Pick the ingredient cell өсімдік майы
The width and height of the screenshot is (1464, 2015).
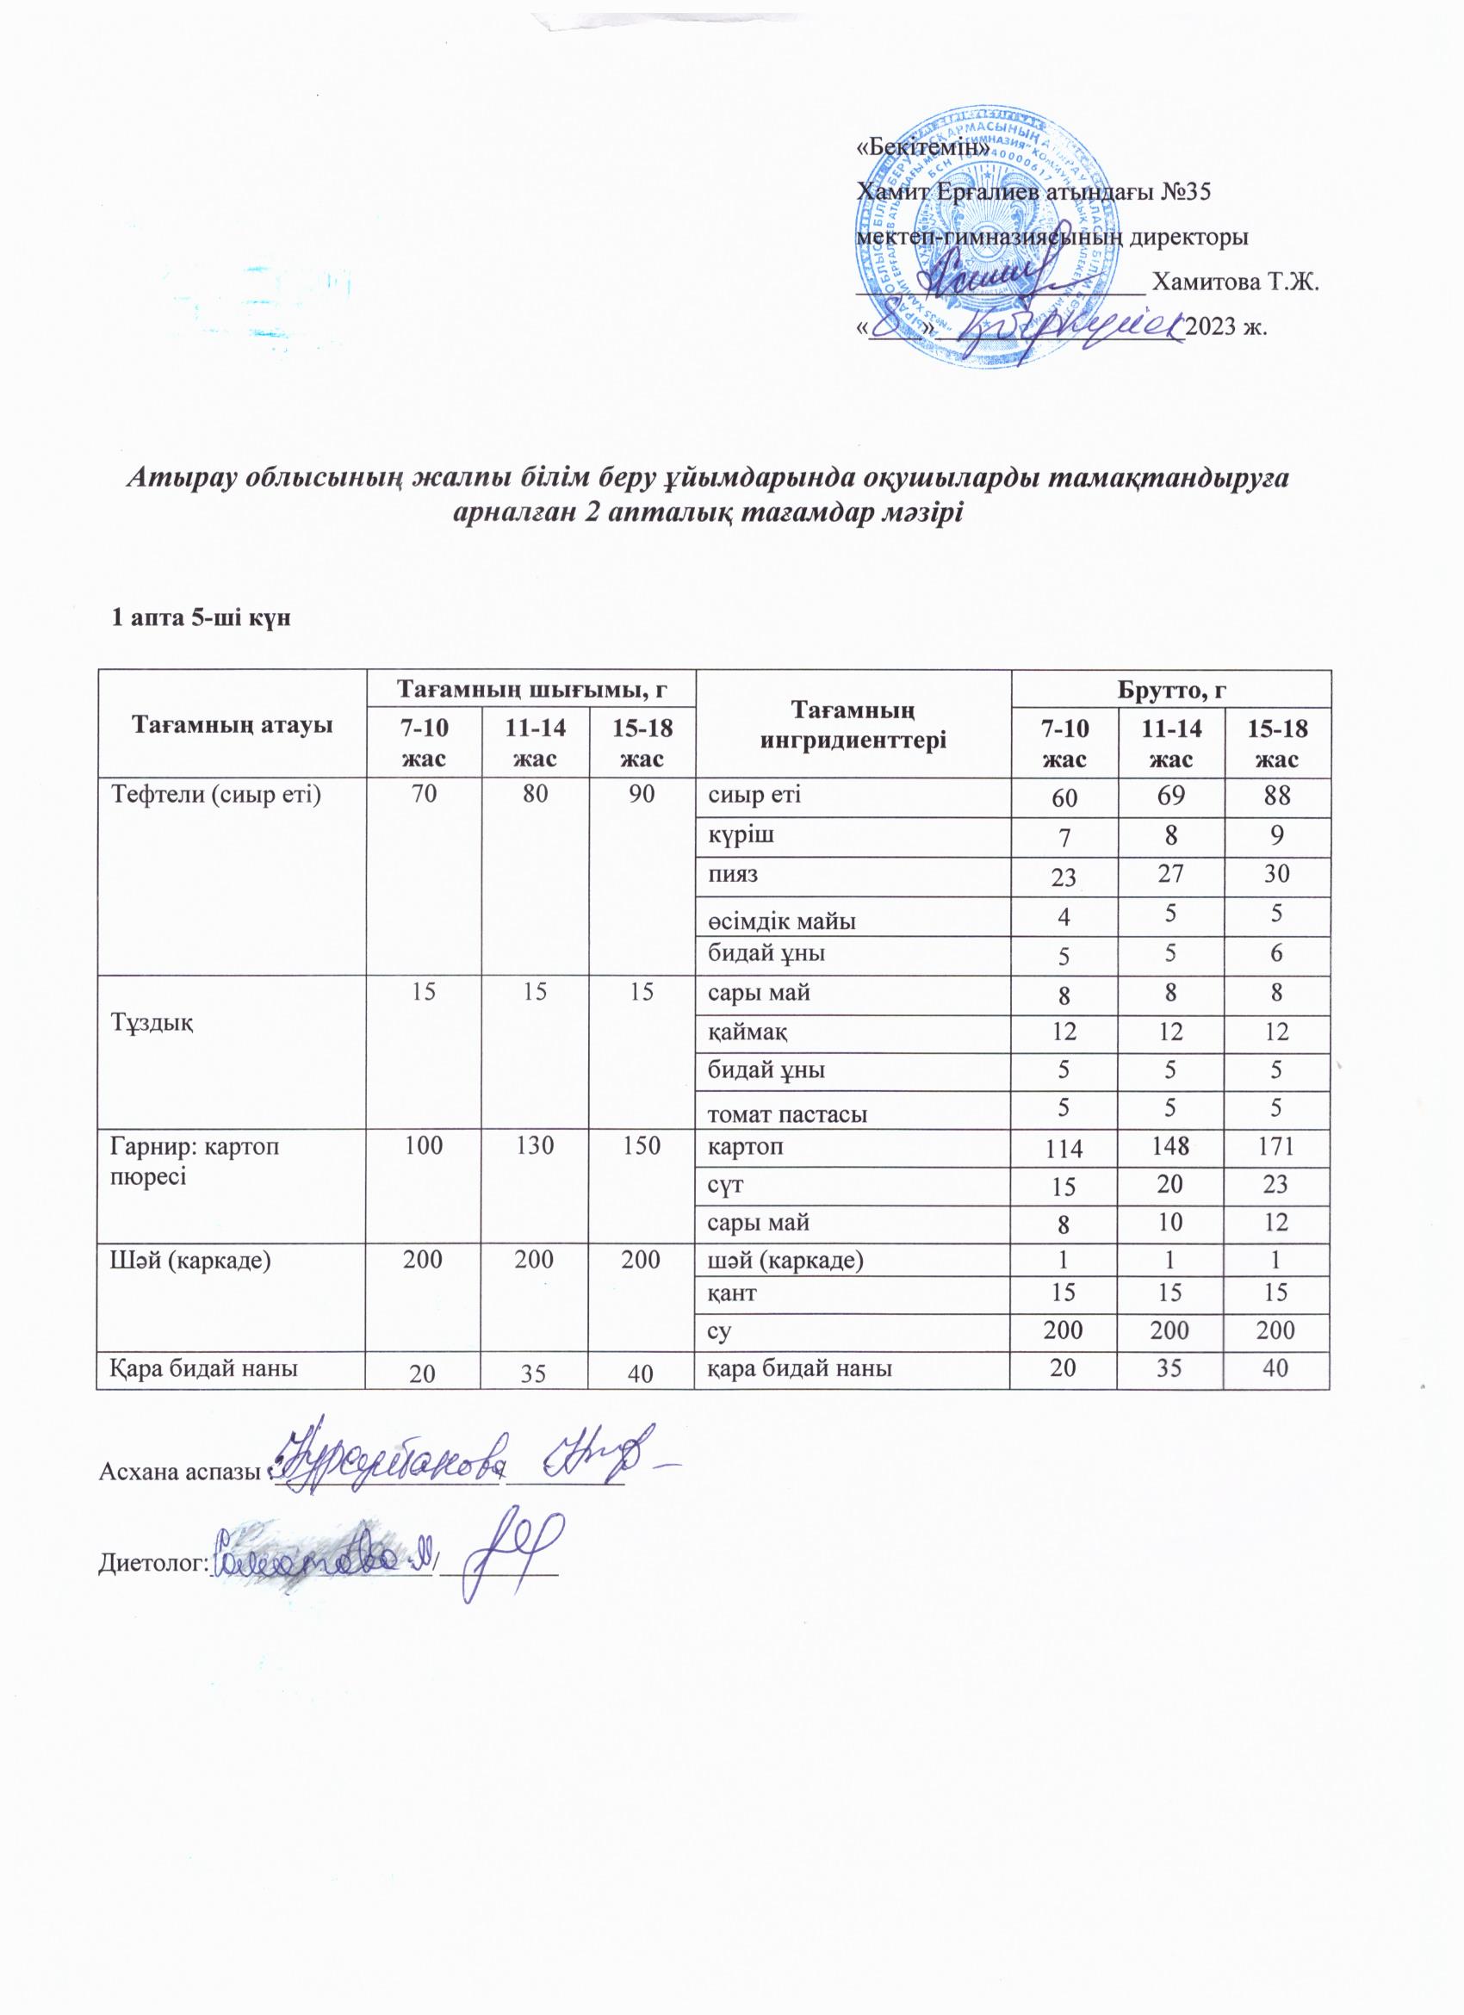(x=782, y=921)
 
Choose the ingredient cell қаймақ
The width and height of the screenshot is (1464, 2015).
(x=744, y=1031)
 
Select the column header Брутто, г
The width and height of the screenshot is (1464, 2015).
(x=1169, y=689)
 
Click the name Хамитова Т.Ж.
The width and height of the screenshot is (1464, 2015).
(x=1234, y=283)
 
